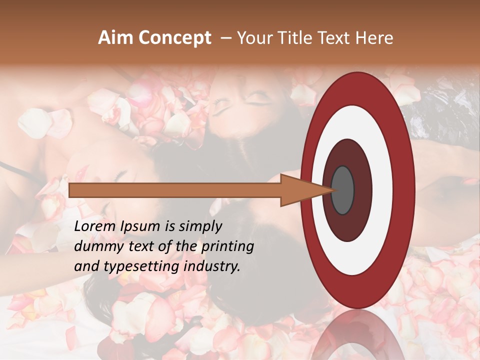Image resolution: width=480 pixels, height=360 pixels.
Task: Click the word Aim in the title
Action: pos(116,38)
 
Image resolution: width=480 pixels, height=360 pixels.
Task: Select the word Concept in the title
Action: pos(174,38)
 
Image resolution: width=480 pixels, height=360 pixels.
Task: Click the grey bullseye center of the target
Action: pos(342,190)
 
